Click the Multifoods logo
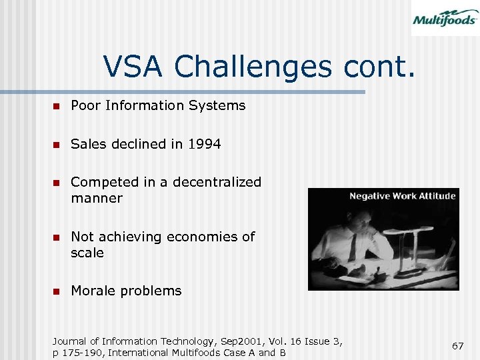click(444, 18)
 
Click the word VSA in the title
click(136, 67)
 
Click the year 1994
click(204, 143)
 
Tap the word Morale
click(93, 291)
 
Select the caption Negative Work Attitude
click(403, 196)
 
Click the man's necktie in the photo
click(351, 247)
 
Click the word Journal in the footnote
click(71, 341)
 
